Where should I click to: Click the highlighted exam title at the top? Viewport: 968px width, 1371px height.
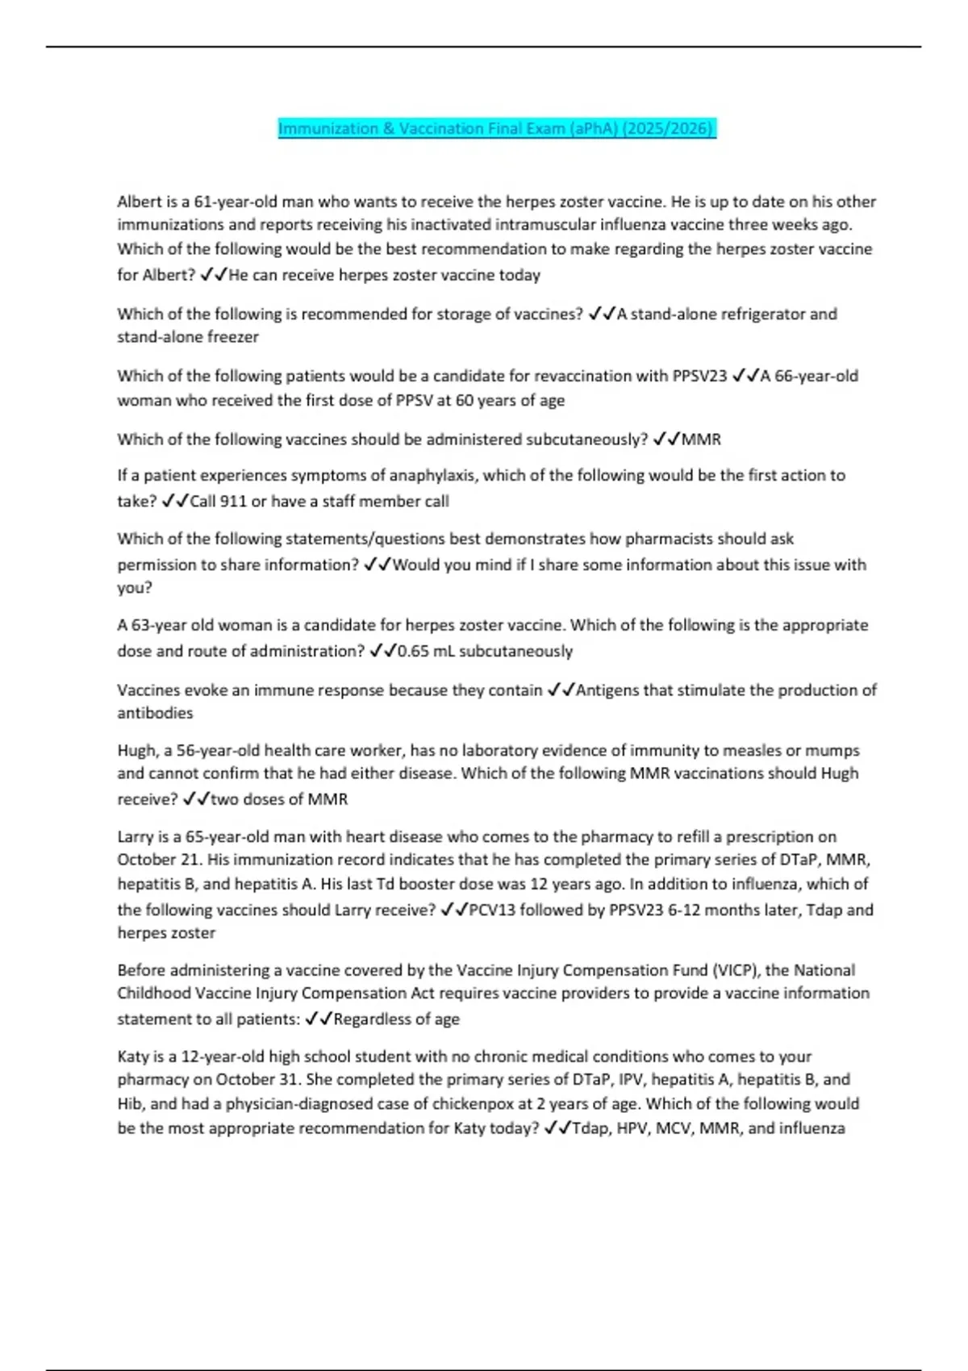point(496,129)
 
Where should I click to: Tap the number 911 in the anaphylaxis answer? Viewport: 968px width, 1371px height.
point(233,501)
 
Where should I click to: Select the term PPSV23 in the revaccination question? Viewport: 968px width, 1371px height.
point(699,376)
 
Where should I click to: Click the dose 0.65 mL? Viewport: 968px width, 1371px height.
point(426,651)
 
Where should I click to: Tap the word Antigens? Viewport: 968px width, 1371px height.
point(607,690)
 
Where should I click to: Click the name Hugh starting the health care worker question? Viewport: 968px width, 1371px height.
point(136,751)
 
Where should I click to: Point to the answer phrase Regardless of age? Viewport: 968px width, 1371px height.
point(396,1019)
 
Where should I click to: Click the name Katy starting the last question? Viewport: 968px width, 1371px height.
point(133,1056)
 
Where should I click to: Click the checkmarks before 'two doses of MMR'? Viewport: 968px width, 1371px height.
point(196,799)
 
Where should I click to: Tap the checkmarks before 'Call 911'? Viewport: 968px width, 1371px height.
point(175,501)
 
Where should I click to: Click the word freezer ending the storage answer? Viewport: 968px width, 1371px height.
point(233,337)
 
